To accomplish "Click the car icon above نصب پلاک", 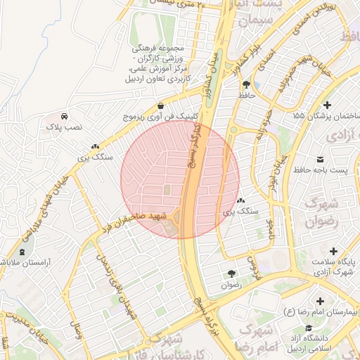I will point(64,115).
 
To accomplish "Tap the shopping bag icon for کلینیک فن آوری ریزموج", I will point(161,105).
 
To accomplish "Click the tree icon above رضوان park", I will point(231,274).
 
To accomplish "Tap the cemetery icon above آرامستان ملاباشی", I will point(22,252).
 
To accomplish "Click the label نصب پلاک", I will point(65,127).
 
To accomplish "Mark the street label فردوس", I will point(252,267).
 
